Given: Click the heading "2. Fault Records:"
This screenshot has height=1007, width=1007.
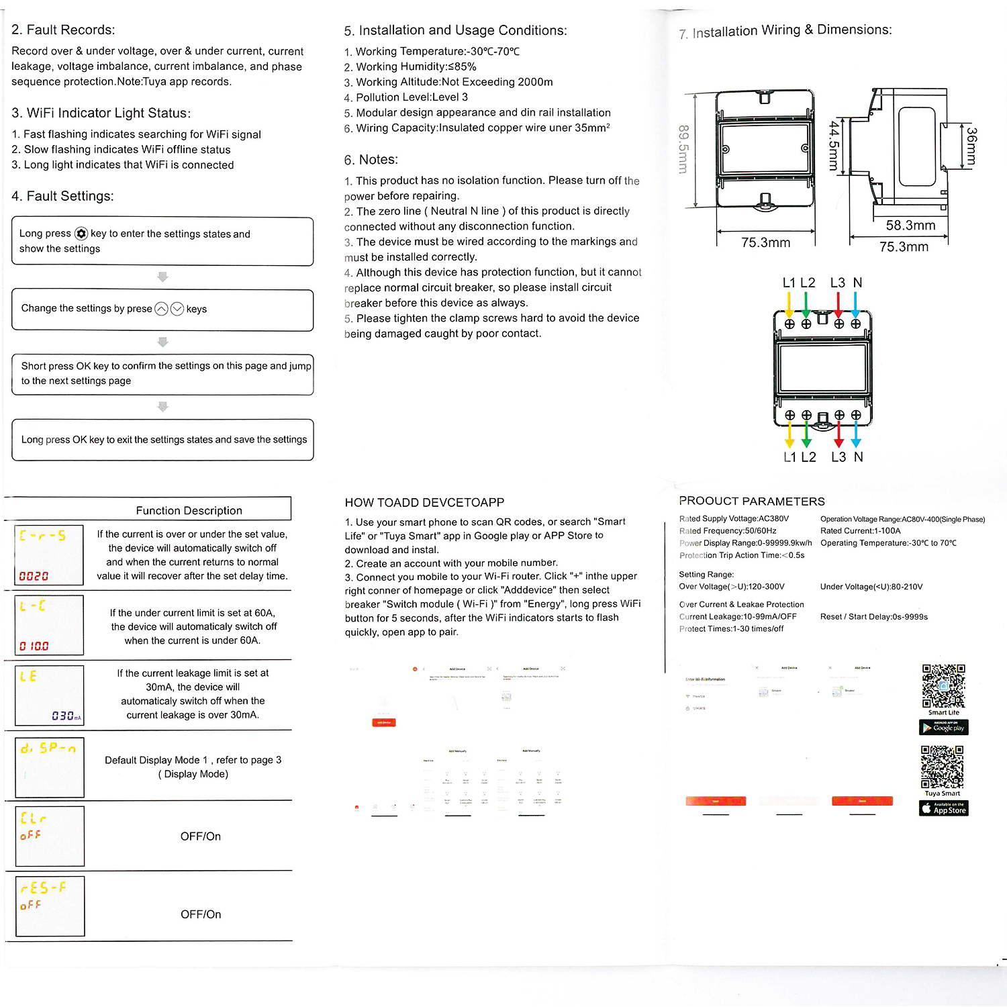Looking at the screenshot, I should pyautogui.click(x=63, y=30).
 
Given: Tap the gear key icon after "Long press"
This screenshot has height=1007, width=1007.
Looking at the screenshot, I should pyautogui.click(x=81, y=234).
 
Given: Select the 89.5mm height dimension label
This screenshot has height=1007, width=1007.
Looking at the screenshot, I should pyautogui.click(x=683, y=149).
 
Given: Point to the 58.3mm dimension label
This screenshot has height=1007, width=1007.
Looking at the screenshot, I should pyautogui.click(x=910, y=226).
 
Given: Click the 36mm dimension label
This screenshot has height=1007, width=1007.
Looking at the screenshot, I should pyautogui.click(x=971, y=147).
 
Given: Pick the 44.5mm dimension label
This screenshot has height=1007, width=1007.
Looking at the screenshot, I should pyautogui.click(x=834, y=146).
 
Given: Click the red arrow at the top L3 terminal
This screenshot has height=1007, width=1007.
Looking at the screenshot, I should pyautogui.click(x=838, y=305).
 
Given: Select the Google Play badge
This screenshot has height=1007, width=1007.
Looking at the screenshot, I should pyautogui.click(x=943, y=728).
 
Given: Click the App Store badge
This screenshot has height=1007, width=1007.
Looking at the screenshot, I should pyautogui.click(x=943, y=808).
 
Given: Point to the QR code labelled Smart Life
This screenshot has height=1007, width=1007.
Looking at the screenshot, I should pyautogui.click(x=943, y=686).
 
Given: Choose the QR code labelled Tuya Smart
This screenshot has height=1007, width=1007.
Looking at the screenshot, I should pyautogui.click(x=942, y=767).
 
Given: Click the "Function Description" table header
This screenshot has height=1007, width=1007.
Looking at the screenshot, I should pyautogui.click(x=189, y=511).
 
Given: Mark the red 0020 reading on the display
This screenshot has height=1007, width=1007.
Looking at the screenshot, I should pyautogui.click(x=34, y=576).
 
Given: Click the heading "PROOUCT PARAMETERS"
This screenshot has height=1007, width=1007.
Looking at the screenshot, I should pyautogui.click(x=751, y=501).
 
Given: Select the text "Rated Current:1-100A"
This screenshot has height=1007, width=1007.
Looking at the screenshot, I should pyautogui.click(x=860, y=531).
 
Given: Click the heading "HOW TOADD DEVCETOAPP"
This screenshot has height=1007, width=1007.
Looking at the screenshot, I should pyautogui.click(x=424, y=503).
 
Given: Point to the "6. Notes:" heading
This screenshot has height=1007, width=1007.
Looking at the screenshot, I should pyautogui.click(x=371, y=160).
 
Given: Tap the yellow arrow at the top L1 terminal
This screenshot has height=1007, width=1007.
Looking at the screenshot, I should pyautogui.click(x=789, y=305).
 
